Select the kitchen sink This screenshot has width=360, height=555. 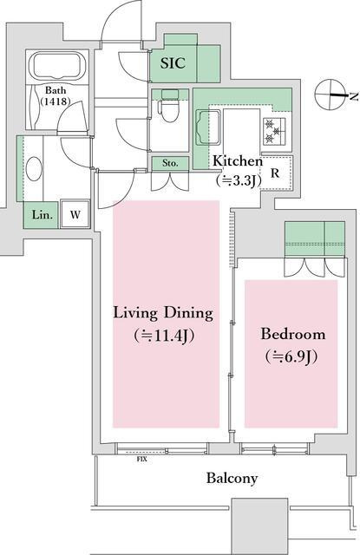pyautogui.click(x=209, y=127)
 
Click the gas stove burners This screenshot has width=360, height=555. pyautogui.click(x=274, y=131)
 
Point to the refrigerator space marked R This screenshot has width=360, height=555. pyautogui.click(x=275, y=173)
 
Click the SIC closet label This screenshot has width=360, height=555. pyautogui.click(x=173, y=63)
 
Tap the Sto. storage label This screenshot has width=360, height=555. pyautogui.click(x=170, y=163)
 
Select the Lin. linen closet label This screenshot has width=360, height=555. pyautogui.click(x=43, y=214)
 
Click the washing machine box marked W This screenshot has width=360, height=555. pyautogui.click(x=75, y=214)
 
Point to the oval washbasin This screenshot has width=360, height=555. pyautogui.click(x=34, y=169)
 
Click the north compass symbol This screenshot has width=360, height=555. pyautogui.click(x=331, y=95)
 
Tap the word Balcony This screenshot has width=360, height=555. pyautogui.click(x=232, y=479)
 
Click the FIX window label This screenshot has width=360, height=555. pyautogui.click(x=141, y=460)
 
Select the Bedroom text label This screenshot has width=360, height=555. pyautogui.click(x=292, y=334)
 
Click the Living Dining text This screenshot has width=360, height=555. pyautogui.click(x=163, y=313)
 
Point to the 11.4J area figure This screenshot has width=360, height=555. pyautogui.click(x=164, y=336)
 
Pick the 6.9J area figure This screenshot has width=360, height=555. pyautogui.click(x=291, y=356)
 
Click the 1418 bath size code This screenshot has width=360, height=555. pyautogui.click(x=56, y=101)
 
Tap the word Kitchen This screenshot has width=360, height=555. pyautogui.click(x=238, y=161)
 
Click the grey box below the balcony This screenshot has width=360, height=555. pyautogui.click(x=259, y=526)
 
